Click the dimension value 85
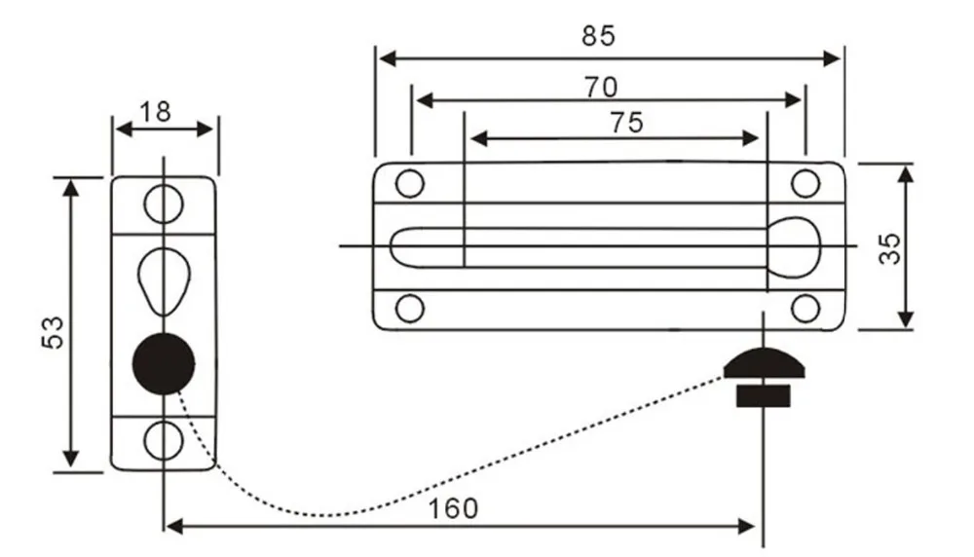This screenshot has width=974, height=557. coord(598,36)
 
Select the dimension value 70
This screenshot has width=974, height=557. coord(601,88)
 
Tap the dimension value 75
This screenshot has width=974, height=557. coord(626,123)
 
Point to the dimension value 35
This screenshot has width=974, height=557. coord(889,248)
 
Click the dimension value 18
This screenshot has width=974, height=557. coord(155,112)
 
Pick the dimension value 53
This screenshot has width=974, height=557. coord(53,332)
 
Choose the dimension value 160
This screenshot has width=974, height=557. coord(454,508)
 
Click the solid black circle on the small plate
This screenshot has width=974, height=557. coord(164,363)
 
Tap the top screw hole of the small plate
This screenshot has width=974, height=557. coord(164,204)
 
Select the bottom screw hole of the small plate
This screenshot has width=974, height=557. coord(164,440)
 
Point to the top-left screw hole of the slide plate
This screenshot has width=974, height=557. coord(409,184)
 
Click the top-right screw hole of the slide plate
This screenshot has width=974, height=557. coord(805,184)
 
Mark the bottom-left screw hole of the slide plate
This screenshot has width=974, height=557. coord(409,309)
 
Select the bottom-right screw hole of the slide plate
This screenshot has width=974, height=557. coord(805,309)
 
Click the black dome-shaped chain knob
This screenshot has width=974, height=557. coord(764,364)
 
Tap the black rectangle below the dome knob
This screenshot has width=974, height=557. coord(764,396)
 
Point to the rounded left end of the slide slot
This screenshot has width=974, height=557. coord(392,247)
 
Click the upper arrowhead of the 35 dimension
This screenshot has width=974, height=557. coord(906,173)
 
